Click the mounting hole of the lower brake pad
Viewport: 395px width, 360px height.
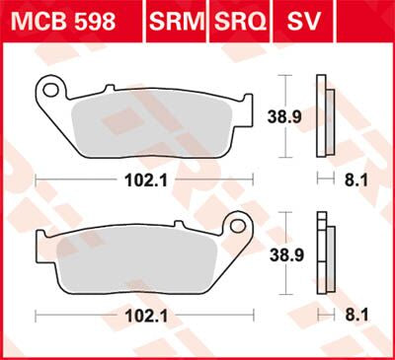point(236,225)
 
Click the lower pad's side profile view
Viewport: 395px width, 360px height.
point(322,253)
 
